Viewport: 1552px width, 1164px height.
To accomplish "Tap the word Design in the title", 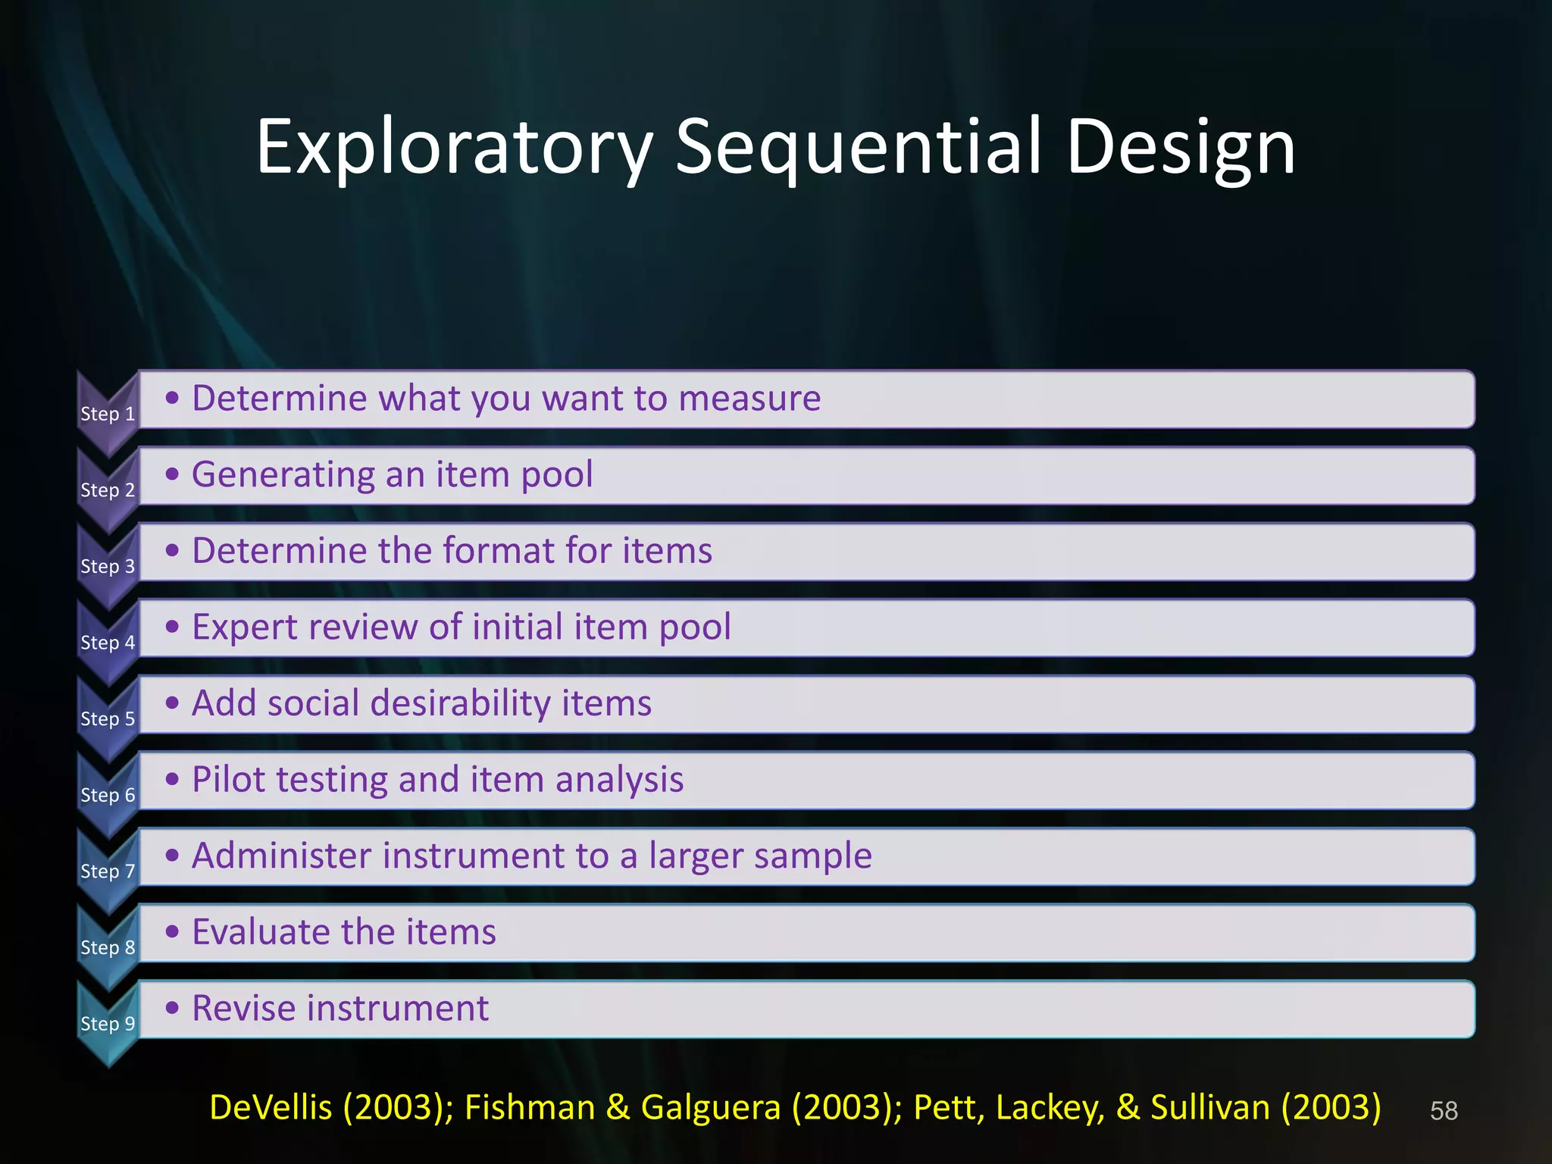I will click(x=1181, y=148).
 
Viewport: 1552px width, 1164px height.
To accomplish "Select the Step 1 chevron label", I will click(x=108, y=414).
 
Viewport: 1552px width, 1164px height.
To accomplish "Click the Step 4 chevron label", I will click(x=108, y=643).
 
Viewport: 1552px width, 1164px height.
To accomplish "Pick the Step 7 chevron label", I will click(x=108, y=871).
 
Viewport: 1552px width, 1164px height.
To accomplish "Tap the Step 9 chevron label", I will click(x=108, y=1024).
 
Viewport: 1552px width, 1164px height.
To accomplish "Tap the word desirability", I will click(x=460, y=704).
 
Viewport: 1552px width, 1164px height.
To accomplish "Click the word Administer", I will click(x=282, y=856).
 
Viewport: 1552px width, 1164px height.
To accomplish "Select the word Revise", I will click(x=243, y=1009).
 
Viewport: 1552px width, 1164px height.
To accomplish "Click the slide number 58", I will click(x=1443, y=1111).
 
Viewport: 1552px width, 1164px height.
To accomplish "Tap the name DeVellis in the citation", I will click(x=270, y=1108).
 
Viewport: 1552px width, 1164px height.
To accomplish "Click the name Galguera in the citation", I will click(x=710, y=1108).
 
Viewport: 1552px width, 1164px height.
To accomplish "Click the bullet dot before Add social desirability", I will click(x=173, y=702).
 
